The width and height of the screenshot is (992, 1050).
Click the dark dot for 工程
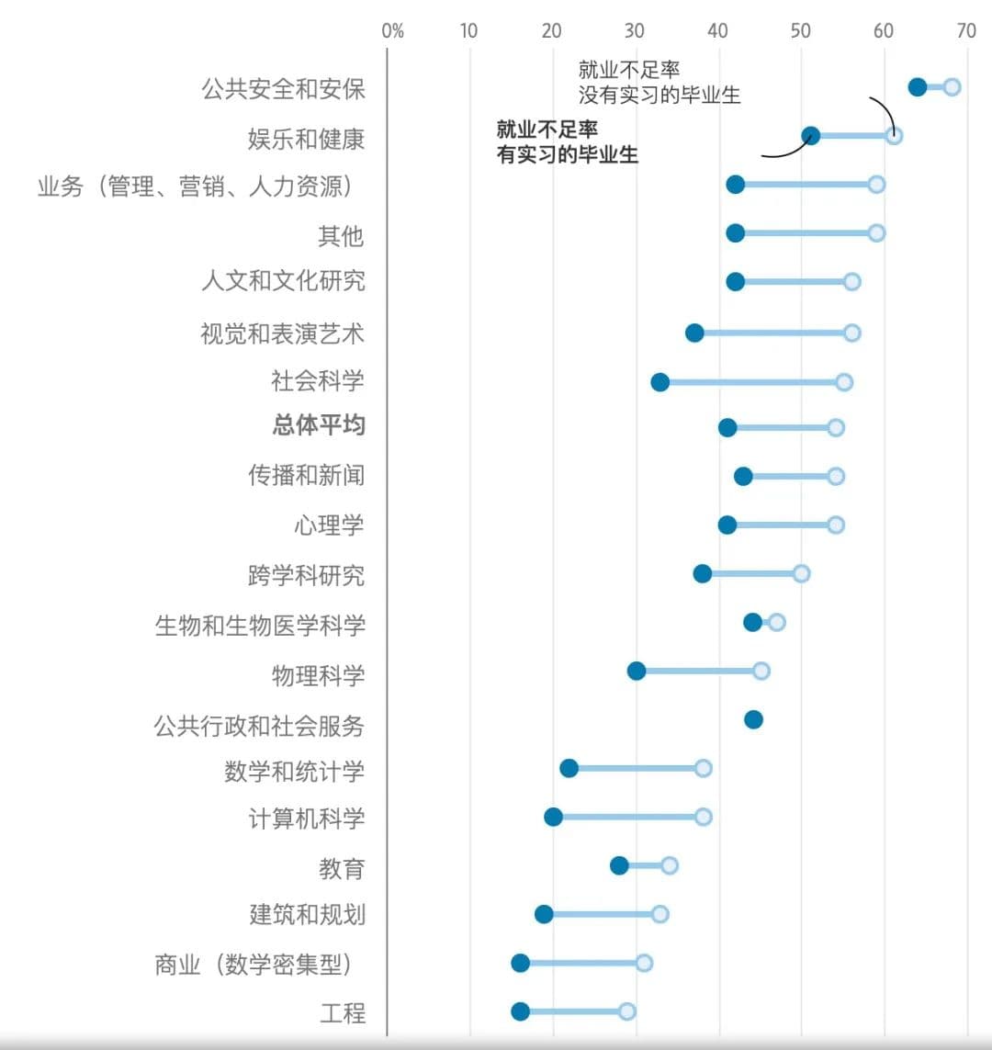[520, 1011]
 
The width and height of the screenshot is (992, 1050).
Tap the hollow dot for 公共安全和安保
[952, 87]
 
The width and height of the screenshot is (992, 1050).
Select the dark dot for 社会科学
[659, 382]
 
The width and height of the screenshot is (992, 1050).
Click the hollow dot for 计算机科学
[703, 817]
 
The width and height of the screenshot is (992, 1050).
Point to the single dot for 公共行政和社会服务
[753, 719]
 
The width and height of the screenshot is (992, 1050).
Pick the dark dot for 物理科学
[636, 671]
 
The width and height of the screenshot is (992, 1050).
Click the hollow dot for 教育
[670, 865]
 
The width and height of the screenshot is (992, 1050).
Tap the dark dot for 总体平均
[727, 427]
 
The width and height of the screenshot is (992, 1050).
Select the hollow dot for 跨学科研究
[801, 573]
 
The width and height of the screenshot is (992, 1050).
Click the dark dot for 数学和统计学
[569, 768]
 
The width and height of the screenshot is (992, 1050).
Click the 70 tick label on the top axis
[965, 30]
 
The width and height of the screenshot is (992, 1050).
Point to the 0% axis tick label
[392, 30]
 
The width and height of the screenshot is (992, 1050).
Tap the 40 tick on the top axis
[717, 30]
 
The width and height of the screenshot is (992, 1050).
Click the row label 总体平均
[319, 425]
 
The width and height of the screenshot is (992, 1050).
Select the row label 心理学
[329, 525]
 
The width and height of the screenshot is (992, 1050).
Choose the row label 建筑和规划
[307, 915]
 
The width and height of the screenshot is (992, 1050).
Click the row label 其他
[341, 236]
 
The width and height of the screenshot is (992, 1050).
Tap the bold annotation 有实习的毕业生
[567, 154]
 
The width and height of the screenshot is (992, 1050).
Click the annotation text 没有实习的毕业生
[659, 95]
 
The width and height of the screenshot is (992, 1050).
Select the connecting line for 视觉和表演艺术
[773, 333]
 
